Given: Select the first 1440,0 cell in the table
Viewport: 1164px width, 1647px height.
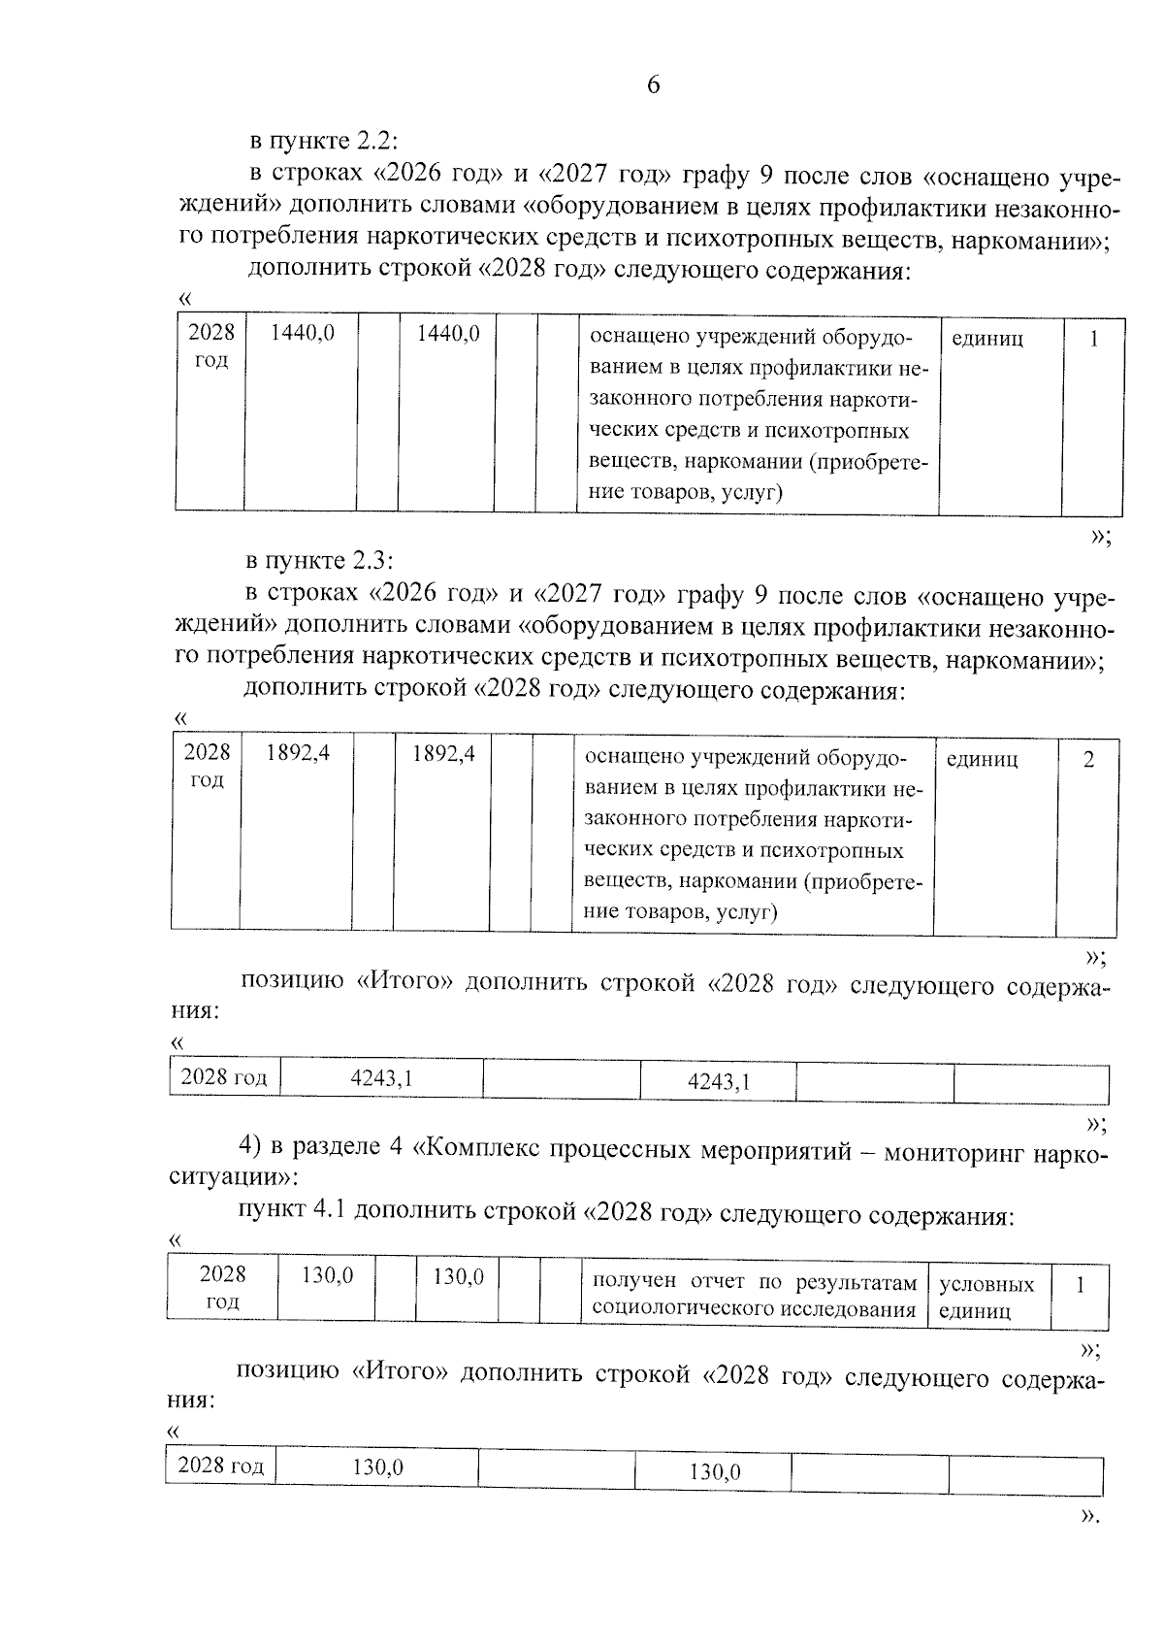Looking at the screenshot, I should click(x=302, y=334).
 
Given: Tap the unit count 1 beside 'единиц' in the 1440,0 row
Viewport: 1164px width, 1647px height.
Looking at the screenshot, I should click(x=1093, y=340).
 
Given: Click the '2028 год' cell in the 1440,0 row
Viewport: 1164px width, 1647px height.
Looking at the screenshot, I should click(x=210, y=346).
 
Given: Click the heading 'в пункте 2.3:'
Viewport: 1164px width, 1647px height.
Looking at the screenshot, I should click(x=320, y=562).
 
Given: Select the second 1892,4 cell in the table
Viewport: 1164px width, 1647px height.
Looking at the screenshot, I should click(x=443, y=753).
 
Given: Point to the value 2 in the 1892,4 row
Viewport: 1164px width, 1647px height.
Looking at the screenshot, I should click(x=1088, y=760).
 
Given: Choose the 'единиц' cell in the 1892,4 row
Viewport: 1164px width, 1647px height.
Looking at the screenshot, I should click(x=982, y=760).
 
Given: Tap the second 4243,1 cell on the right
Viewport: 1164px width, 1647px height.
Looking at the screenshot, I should click(x=718, y=1082).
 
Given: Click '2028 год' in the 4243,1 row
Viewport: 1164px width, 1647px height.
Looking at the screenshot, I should click(x=224, y=1077).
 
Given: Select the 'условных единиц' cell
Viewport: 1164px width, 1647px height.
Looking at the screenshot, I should click(x=986, y=1298).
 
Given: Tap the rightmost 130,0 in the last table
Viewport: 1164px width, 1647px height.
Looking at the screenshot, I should click(x=714, y=1472).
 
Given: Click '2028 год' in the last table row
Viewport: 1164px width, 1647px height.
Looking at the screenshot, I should click(x=221, y=1466).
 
